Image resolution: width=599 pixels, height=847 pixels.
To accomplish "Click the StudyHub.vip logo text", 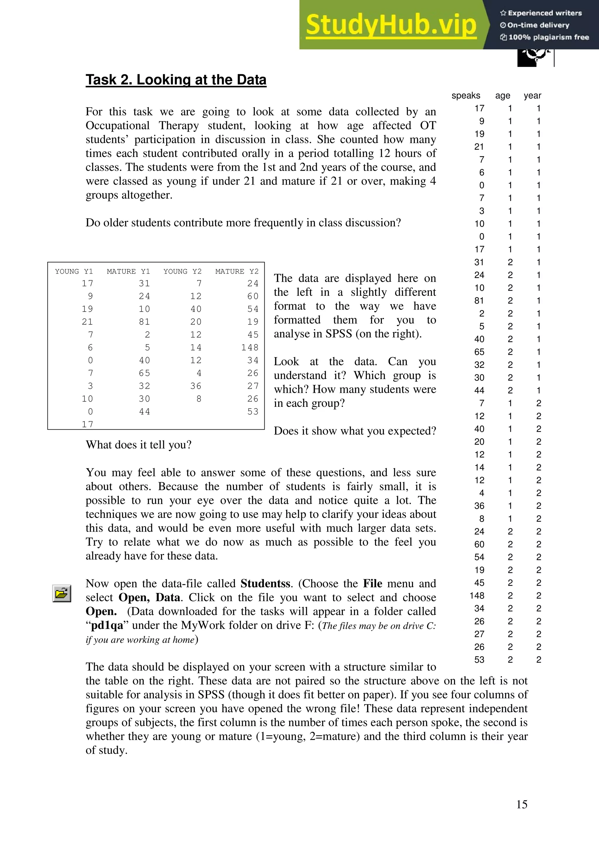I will pos(390,25).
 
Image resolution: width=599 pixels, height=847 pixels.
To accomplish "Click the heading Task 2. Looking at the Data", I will pos(176,80).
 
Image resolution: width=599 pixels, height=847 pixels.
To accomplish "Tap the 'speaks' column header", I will pos(465,96).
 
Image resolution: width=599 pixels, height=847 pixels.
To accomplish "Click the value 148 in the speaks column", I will pos(476,596).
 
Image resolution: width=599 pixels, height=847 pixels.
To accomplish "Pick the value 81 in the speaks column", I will pos(479,301).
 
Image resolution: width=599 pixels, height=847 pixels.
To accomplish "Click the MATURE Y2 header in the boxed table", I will pos(237,272).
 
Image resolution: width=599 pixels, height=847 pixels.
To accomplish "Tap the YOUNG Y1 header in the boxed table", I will pos(74,272).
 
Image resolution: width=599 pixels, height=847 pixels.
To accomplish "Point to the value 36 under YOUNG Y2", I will pos(196,386).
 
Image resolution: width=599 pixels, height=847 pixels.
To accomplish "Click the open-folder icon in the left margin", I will pos(62,594).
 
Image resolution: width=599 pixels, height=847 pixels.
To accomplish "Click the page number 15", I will pos(521,804).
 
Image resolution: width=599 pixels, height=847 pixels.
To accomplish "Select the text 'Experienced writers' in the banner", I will pos(544,13).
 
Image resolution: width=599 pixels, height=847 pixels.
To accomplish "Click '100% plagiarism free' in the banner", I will pos(548,37).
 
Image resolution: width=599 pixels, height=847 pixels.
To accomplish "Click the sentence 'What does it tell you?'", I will pos(138,445).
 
